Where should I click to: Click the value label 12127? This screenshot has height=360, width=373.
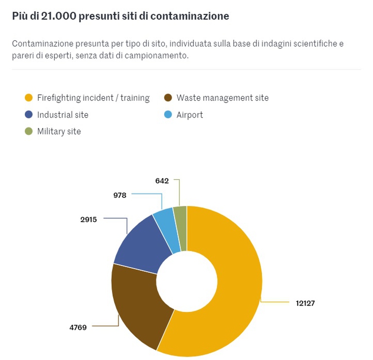(305, 303)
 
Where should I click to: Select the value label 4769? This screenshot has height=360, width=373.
(78, 327)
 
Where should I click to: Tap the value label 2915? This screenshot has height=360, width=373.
(88, 219)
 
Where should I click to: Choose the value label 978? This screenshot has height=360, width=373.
(120, 195)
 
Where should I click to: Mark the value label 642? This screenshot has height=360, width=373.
(162, 181)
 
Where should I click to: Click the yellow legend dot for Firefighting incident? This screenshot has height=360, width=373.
(29, 98)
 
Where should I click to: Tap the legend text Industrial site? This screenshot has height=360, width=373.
(63, 115)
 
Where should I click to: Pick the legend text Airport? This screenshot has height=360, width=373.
(189, 115)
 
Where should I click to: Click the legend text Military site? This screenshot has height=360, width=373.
(59, 132)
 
